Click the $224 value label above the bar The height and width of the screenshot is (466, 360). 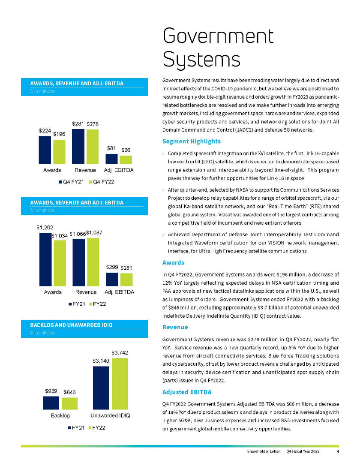point(45,130)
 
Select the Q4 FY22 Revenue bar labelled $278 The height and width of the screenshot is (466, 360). point(92,147)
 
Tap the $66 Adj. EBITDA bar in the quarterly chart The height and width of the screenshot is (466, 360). point(126,159)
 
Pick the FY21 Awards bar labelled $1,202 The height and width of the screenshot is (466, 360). point(45,259)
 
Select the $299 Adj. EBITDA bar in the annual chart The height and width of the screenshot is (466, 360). point(112,279)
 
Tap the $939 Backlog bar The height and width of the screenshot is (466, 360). point(51,403)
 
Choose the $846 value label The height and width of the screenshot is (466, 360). point(70,392)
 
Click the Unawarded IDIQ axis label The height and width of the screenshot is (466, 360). point(110,415)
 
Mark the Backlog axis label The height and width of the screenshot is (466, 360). point(60,415)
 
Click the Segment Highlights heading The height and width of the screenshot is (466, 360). point(192,141)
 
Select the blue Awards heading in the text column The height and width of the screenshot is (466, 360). point(174,262)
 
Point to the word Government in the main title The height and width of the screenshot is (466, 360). point(218,36)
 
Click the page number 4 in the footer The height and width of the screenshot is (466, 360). point(338,451)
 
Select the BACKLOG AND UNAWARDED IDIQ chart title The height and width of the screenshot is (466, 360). point(71,325)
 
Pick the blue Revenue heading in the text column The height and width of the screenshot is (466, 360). point(175,327)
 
